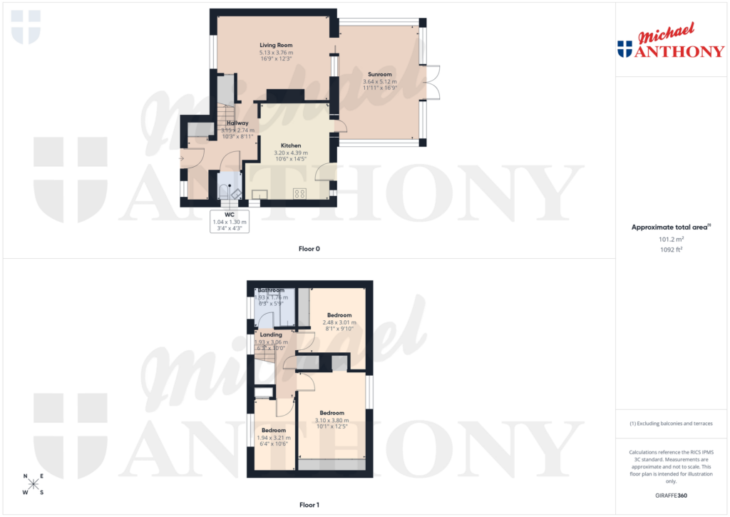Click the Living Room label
(x=276, y=45)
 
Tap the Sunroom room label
(x=379, y=74)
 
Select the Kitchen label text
(x=291, y=145)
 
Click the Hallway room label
(x=237, y=123)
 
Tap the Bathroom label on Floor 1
(x=271, y=290)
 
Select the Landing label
(x=271, y=334)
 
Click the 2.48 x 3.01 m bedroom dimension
(x=339, y=322)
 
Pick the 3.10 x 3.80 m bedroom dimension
(x=332, y=420)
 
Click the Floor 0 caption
(x=309, y=249)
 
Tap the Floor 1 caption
(x=309, y=506)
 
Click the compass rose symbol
(x=33, y=484)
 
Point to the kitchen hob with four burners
(x=300, y=193)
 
